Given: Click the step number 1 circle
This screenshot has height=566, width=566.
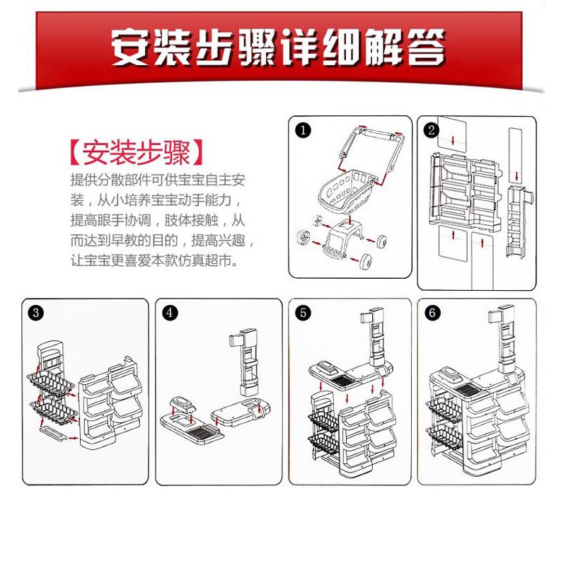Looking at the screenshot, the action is (x=303, y=130).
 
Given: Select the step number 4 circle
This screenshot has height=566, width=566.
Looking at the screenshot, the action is (x=170, y=312).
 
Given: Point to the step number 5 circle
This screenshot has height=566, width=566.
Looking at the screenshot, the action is (x=303, y=312).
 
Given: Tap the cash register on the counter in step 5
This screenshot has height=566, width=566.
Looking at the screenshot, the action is (x=328, y=367).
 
